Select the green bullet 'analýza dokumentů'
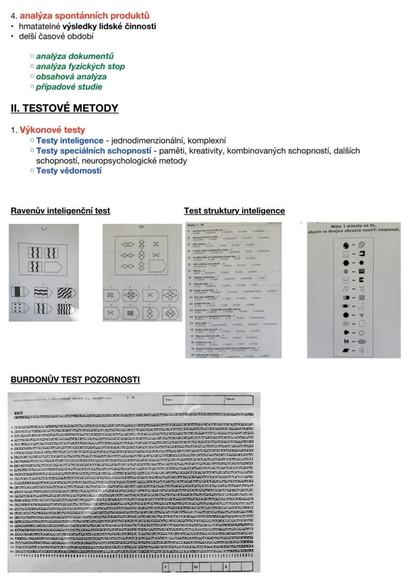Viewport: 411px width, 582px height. click(x=82, y=56)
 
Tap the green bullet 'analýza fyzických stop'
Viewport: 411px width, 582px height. click(x=87, y=67)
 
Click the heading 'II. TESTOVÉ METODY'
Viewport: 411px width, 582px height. click(x=65, y=108)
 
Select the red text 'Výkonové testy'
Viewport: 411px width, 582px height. click(x=52, y=131)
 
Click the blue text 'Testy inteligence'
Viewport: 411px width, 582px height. click(x=70, y=141)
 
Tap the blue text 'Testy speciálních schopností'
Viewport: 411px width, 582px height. click(x=94, y=151)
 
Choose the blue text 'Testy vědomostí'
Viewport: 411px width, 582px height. click(x=69, y=171)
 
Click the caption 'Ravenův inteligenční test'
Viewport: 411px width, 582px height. click(x=61, y=211)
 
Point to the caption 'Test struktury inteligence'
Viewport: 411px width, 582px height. click(x=234, y=211)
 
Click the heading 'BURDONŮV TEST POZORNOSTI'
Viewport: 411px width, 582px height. click(x=75, y=380)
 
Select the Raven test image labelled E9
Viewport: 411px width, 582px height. click(x=141, y=272)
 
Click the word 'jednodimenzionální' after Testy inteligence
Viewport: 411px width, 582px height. click(x=143, y=141)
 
